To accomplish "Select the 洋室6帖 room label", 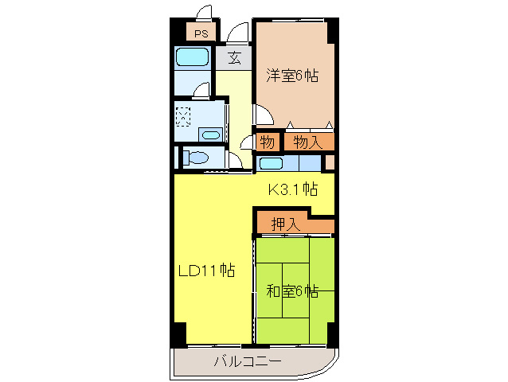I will (292, 76).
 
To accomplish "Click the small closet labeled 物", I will (268, 143).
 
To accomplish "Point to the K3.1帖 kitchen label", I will (292, 189).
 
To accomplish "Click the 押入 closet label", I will (286, 224).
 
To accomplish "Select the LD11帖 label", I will (205, 270).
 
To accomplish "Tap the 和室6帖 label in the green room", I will (292, 291).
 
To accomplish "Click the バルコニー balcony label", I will (247, 362).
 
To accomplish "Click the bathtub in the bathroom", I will (191, 57).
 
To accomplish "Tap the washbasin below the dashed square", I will (210, 135).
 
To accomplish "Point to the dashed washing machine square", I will (185, 117).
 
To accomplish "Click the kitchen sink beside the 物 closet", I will (271, 164).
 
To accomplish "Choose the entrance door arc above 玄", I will (236, 34).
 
